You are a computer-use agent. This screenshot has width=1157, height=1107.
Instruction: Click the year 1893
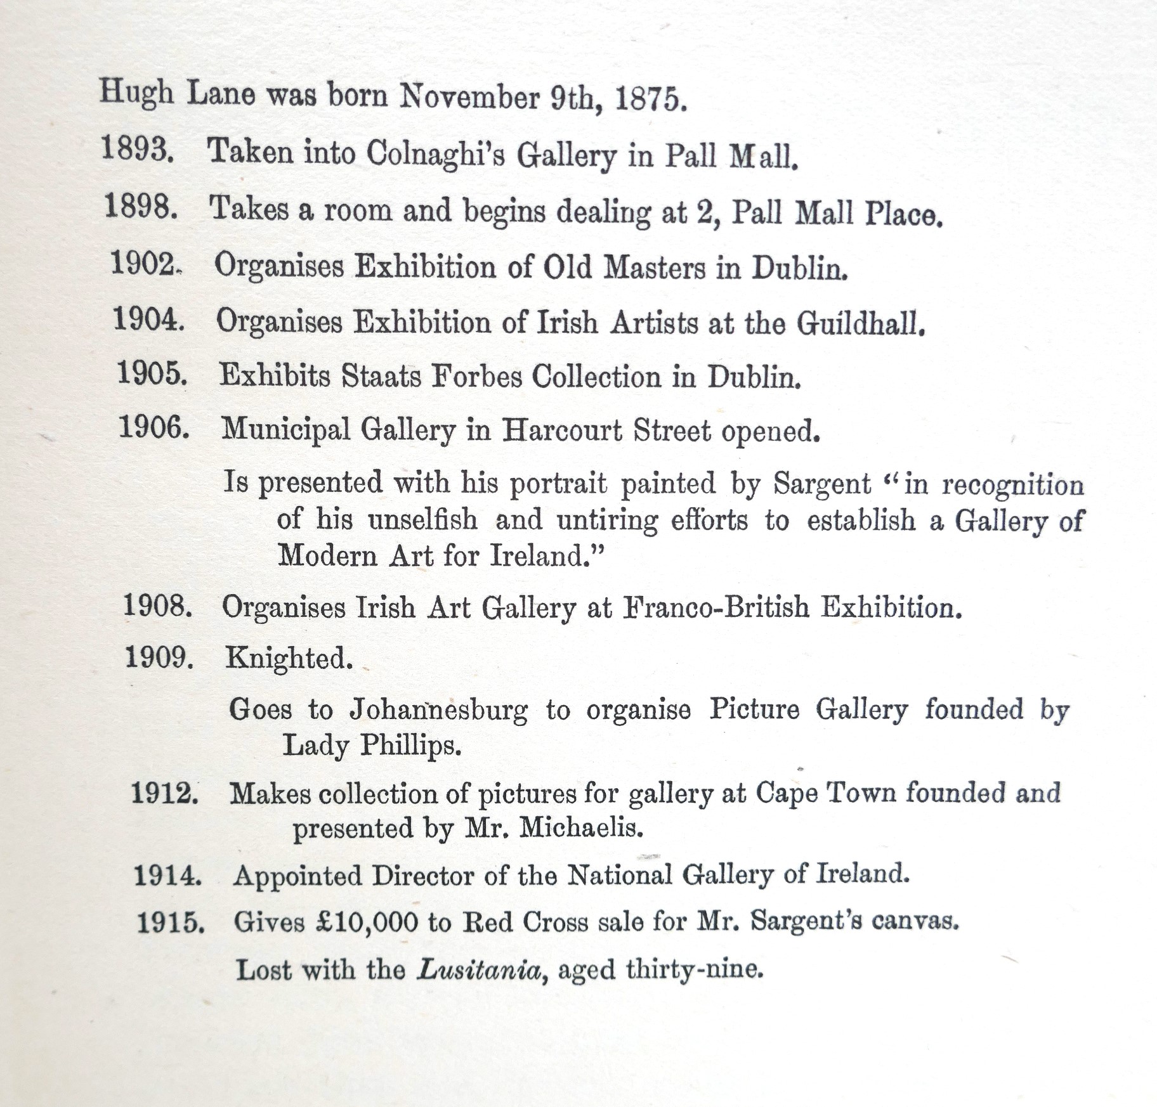click(137, 151)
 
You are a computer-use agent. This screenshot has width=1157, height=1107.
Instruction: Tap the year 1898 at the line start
click(140, 207)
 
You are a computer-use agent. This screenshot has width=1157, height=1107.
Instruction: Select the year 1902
click(144, 262)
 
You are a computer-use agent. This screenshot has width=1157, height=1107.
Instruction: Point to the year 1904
click(148, 318)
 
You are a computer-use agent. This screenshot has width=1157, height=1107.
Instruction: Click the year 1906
click(154, 428)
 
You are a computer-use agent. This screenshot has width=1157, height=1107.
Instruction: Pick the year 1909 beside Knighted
click(159, 657)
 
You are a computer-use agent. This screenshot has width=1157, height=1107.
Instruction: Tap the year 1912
click(164, 793)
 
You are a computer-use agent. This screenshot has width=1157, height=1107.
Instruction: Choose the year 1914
click(167, 876)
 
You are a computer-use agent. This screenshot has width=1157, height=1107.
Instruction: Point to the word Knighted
click(289, 658)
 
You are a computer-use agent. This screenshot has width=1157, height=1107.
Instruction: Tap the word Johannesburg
click(438, 709)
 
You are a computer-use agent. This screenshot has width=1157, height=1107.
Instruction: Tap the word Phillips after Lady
click(410, 746)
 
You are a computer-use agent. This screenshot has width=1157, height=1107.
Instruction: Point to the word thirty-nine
click(694, 969)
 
